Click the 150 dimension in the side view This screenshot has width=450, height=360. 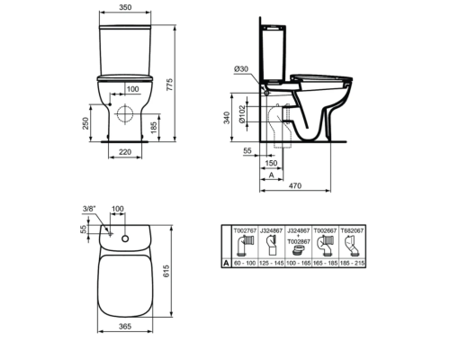click(x=270, y=166)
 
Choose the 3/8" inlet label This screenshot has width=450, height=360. click(x=88, y=209)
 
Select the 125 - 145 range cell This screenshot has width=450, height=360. click(x=273, y=262)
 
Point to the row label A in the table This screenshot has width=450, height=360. click(x=226, y=262)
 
